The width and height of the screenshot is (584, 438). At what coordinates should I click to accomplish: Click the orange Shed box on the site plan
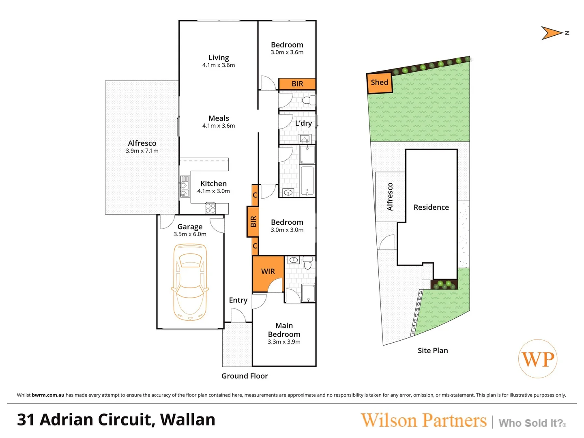380,83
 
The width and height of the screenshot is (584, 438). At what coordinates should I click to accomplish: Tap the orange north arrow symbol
552,33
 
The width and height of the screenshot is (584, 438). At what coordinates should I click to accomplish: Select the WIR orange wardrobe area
268,272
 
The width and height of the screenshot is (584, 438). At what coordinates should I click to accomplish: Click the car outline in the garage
190,282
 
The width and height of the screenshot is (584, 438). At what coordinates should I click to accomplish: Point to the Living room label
219,58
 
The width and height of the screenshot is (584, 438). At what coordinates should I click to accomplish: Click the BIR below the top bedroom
297,84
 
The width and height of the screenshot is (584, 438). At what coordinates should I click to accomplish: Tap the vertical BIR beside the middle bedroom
253,221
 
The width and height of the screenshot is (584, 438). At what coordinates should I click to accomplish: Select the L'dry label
303,123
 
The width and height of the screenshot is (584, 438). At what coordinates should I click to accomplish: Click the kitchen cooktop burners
210,208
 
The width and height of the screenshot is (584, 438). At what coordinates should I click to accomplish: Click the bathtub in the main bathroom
307,181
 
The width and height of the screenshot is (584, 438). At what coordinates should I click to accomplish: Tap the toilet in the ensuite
308,264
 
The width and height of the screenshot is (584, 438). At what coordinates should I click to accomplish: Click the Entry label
238,300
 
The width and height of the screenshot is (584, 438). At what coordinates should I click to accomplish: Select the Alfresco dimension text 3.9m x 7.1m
142,151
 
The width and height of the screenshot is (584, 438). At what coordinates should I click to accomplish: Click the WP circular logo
538,359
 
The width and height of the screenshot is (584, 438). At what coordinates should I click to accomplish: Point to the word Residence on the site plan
431,207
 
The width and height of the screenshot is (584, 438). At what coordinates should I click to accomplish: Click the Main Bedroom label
284,330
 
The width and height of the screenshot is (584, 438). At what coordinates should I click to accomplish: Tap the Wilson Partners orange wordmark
423,421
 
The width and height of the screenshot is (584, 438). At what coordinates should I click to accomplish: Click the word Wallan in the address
188,420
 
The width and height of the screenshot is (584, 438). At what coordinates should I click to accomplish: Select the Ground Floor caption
245,376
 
